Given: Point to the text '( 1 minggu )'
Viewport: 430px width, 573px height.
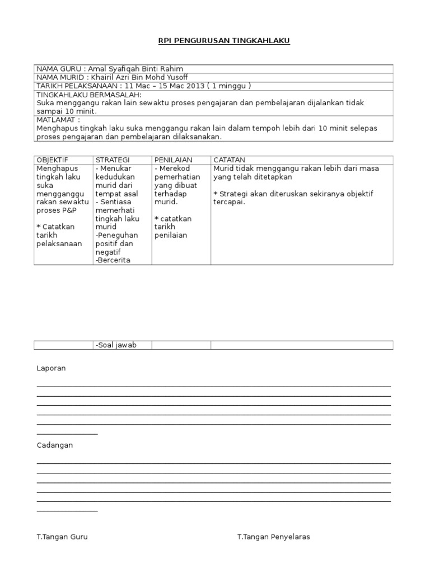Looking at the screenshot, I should (229, 86).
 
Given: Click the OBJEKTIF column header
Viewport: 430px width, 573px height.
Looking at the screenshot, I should (52, 160).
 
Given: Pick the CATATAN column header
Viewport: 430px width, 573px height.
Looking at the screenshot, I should (230, 160).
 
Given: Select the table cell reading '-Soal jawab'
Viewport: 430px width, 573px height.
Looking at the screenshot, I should (116, 345).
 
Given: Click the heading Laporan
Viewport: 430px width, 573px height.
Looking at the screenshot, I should (52, 368).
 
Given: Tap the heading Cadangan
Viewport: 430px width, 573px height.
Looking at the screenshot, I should (55, 445).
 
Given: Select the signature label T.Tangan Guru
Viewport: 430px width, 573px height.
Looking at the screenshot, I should (62, 537).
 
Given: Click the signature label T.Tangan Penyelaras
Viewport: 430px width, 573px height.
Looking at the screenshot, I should (273, 537).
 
